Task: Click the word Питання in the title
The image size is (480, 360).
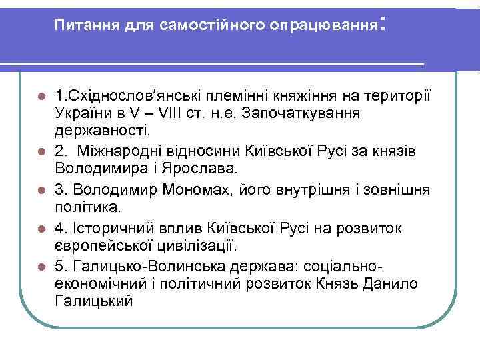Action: coord(81,25)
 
